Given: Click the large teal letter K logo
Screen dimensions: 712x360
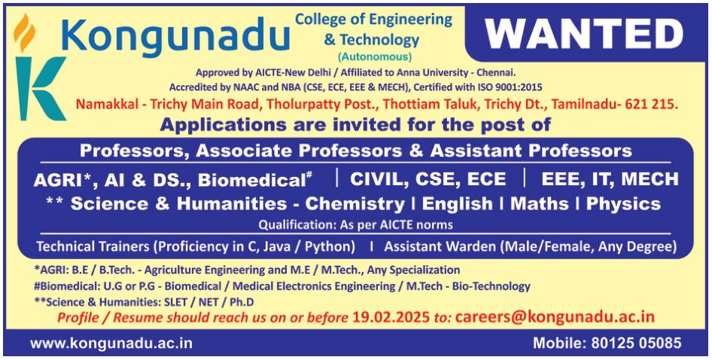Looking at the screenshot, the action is point(41,88).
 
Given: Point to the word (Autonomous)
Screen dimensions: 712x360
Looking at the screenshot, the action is point(375,56).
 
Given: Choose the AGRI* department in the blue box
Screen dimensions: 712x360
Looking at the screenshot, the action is point(60,180).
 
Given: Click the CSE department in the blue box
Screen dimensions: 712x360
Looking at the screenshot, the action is point(434,179).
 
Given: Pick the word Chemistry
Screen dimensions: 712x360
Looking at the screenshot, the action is point(354,204).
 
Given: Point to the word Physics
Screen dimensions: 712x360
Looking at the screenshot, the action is point(623,204).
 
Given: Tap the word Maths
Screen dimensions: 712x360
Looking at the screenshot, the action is point(540,203).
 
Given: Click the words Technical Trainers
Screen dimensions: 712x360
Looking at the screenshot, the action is point(93,247).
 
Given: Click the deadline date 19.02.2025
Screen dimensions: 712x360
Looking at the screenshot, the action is point(391,317).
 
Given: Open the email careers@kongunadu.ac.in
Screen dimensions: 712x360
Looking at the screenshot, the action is point(555,317).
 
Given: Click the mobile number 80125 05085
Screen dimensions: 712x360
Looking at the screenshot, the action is point(636,343).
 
